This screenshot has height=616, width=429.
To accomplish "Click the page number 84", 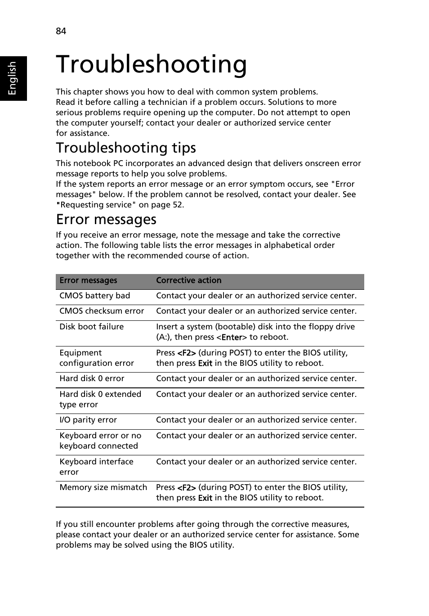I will tap(61, 31).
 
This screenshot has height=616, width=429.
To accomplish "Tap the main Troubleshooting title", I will tap(152, 64).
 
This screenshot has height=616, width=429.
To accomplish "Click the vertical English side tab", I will tap(13, 78).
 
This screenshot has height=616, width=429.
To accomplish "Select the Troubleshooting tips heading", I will tap(126, 148).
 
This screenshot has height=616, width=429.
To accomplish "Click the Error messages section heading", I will tap(106, 219).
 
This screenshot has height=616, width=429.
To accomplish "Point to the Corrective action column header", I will tap(188, 280).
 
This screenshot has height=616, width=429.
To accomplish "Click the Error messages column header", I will tap(88, 280).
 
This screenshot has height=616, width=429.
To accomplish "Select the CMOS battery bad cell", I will tap(94, 296).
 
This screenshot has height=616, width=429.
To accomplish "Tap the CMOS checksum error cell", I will tap(102, 311).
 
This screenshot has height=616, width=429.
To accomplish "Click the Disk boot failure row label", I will tap(91, 327).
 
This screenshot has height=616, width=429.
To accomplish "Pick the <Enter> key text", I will tap(232, 337).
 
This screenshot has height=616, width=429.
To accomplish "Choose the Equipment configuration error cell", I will tap(96, 358).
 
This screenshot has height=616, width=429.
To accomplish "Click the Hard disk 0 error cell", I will tap(92, 378).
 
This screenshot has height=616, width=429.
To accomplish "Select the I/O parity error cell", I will tap(88, 420).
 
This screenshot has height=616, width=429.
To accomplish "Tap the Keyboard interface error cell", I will tap(96, 467).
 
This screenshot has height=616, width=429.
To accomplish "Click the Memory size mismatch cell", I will tap(103, 487).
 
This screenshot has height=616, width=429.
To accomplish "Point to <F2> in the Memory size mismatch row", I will tap(186, 488).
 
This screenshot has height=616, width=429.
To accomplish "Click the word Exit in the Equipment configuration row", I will tap(205, 364).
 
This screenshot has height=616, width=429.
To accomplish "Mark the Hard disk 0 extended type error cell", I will tap(100, 399).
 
